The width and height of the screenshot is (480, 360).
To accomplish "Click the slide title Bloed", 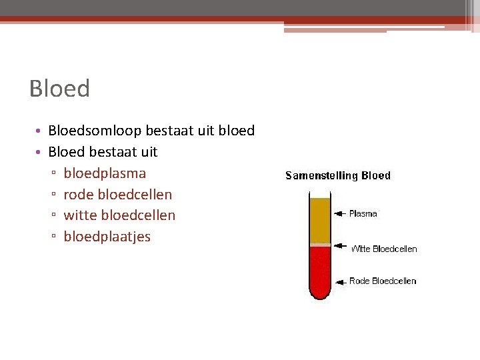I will pyautogui.click(x=59, y=89).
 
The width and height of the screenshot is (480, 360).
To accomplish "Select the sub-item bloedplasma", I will pyautogui.click(x=105, y=173).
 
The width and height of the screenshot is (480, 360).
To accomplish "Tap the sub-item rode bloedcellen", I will pyautogui.click(x=117, y=195).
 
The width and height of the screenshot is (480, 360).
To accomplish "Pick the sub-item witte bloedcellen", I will pyautogui.click(x=119, y=215).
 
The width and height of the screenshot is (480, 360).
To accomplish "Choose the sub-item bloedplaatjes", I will pyautogui.click(x=107, y=237).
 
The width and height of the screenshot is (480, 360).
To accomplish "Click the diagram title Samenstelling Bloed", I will pyautogui.click(x=338, y=176).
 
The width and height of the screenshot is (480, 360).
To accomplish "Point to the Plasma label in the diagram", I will pyautogui.click(x=363, y=214).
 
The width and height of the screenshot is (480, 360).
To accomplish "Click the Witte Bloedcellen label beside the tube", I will pyautogui.click(x=384, y=249).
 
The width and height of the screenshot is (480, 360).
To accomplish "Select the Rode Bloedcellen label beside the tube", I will pyautogui.click(x=383, y=281).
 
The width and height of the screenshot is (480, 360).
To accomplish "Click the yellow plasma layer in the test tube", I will pyautogui.click(x=320, y=220).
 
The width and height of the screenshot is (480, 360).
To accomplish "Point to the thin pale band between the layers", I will pyautogui.click(x=320, y=245).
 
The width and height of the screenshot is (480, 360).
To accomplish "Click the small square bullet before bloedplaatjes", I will pyautogui.click(x=53, y=237).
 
